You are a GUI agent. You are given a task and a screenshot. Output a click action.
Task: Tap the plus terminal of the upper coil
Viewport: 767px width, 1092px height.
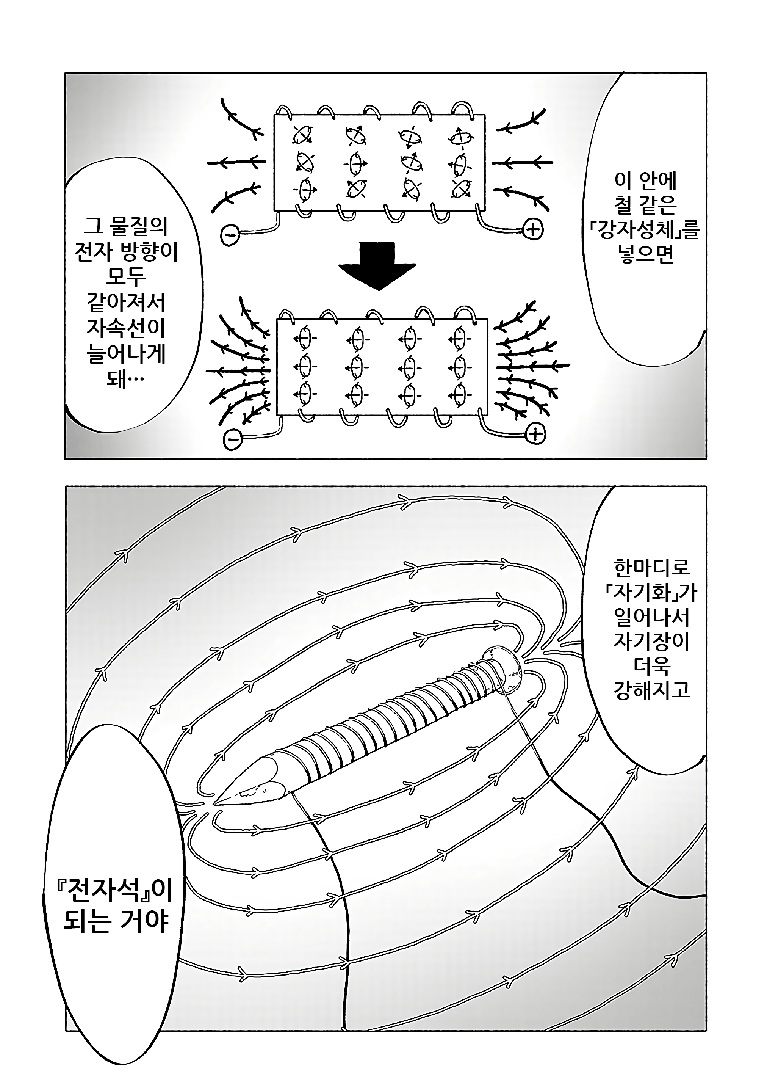click(533, 230)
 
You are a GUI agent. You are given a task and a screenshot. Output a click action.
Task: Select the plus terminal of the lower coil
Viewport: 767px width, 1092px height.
click(535, 434)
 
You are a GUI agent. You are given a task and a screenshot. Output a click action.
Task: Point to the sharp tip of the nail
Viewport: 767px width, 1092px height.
click(218, 803)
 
